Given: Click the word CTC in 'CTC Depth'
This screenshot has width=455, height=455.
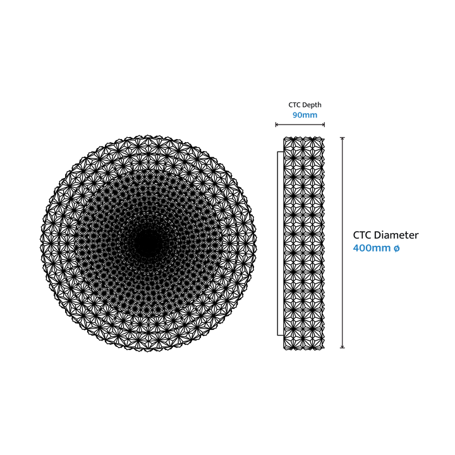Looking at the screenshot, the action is (294, 105).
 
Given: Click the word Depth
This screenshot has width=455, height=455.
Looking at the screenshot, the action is (312, 105).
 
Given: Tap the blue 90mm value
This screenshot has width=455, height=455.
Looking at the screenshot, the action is (305, 115).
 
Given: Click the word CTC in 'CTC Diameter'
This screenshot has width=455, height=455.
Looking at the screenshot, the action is (362, 235).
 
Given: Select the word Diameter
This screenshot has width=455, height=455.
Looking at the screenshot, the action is (396, 235).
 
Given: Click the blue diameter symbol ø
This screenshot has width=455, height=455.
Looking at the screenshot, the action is (397, 248).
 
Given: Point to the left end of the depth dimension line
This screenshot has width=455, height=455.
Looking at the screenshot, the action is (276, 124).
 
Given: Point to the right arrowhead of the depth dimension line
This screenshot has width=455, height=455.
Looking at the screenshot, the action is (324, 124).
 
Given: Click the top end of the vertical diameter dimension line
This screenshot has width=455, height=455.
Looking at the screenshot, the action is (343, 138).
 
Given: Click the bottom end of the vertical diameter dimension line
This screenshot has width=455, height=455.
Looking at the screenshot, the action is (343, 348).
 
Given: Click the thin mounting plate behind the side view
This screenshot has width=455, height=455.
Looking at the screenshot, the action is (281, 243).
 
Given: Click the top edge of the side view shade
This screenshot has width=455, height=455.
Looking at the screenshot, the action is (304, 138).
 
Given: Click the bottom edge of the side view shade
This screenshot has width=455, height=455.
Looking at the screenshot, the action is (304, 348).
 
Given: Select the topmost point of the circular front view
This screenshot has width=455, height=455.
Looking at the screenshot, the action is (148, 135).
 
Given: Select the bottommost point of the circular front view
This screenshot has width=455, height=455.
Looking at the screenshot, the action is (148, 351).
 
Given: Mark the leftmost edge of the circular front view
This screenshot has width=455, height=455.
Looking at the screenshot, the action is (40, 243).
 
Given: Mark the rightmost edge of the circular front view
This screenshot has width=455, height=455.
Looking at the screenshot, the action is (257, 243).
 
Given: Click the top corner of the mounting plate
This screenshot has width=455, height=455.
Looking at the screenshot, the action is (277, 152).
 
